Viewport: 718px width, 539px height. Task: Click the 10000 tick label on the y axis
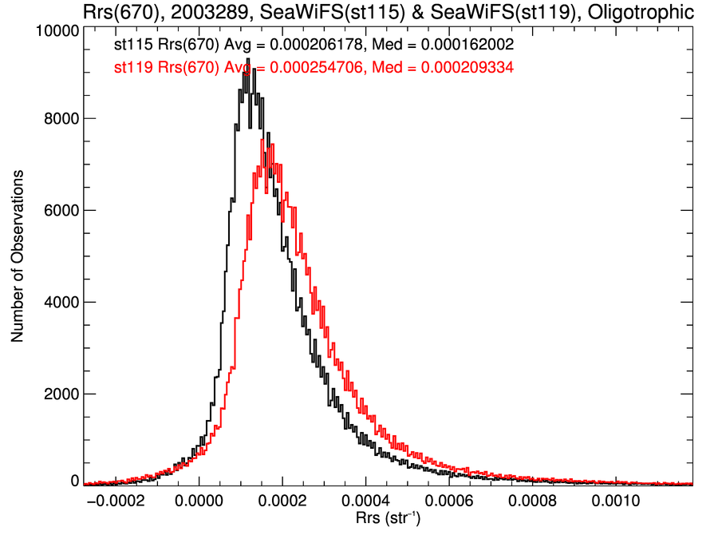coord(56,30)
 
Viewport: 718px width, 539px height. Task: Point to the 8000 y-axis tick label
coord(60,118)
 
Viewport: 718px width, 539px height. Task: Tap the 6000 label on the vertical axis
coord(60,210)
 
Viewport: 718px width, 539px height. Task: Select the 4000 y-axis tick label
coord(60,302)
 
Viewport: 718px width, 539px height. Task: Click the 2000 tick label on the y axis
coord(60,394)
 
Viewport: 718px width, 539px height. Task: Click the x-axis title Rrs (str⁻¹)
coord(388,520)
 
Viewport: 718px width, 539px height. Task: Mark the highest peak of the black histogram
coord(249,59)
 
